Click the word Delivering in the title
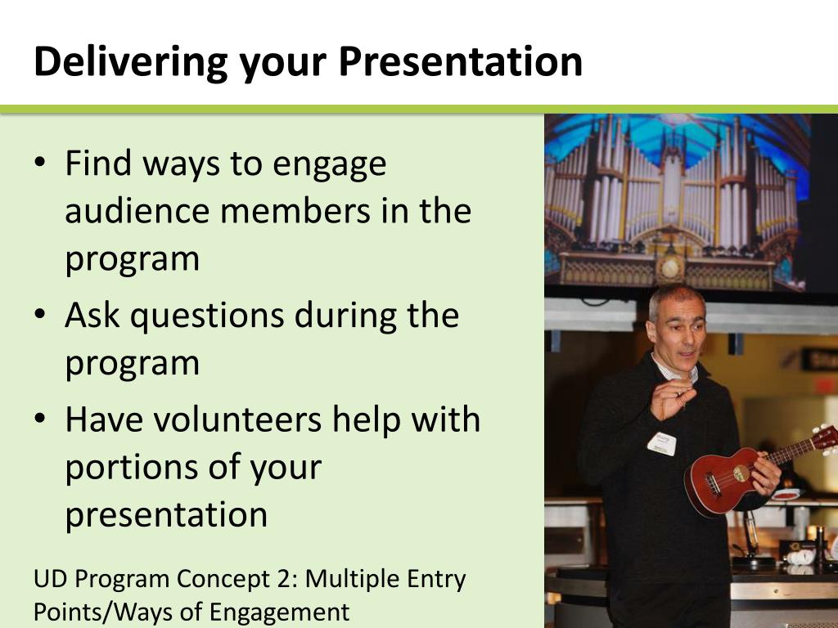click(131, 62)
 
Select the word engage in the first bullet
click(329, 165)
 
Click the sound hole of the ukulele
click(741, 473)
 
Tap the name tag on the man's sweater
click(661, 443)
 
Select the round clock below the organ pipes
click(669, 267)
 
